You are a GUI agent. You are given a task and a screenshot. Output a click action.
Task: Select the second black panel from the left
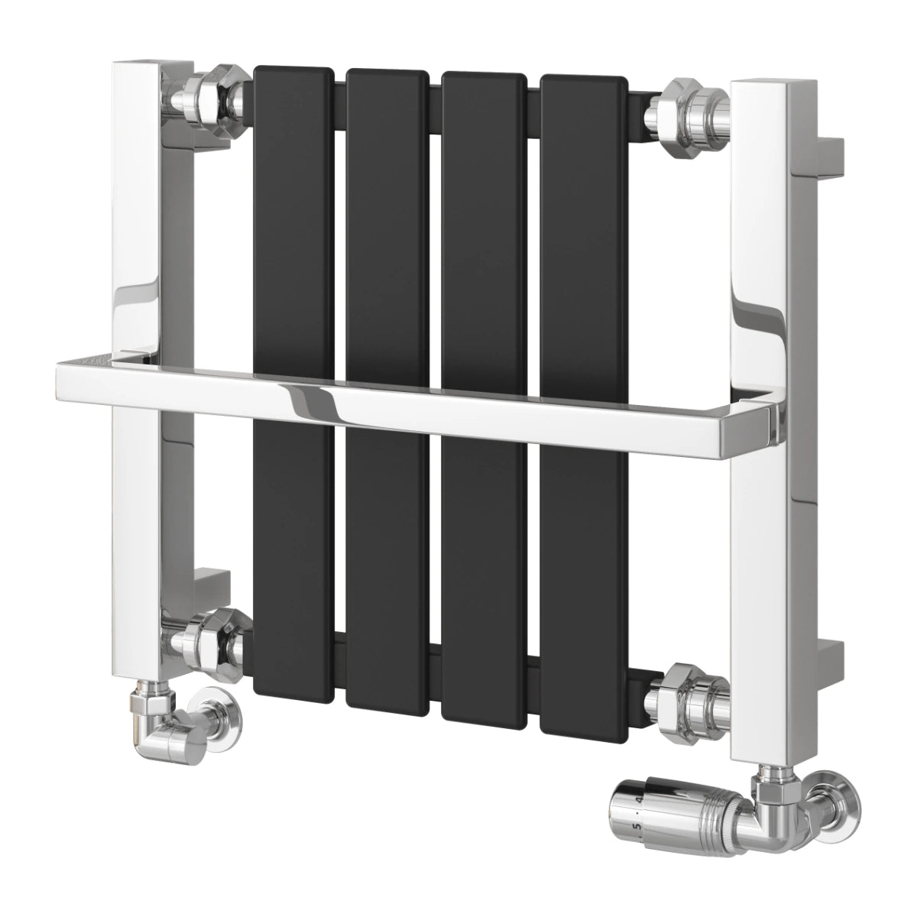[387, 229]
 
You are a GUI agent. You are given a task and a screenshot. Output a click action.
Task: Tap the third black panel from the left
[483, 229]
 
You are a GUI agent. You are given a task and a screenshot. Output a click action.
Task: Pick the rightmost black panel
[582, 229]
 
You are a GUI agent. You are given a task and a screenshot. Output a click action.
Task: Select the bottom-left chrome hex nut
[209, 639]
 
